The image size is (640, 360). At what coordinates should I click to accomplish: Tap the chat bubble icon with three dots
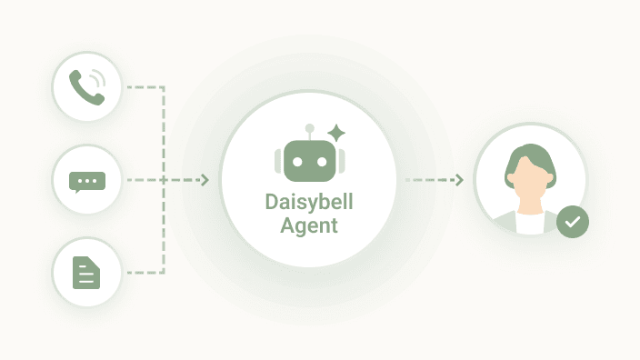click(x=87, y=182)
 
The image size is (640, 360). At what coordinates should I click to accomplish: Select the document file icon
click(x=86, y=273)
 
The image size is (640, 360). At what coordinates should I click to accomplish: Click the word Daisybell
click(x=309, y=203)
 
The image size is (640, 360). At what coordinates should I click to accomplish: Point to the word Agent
click(x=309, y=225)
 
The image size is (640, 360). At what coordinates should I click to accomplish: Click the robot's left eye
click(x=297, y=162)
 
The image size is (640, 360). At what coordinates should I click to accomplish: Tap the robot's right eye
click(x=322, y=162)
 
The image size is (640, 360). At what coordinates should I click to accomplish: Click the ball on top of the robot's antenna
click(x=310, y=128)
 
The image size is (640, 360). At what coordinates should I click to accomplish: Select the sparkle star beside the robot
click(x=336, y=133)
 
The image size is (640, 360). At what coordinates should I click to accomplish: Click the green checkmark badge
click(x=573, y=222)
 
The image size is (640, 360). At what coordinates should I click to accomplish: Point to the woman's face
click(x=530, y=180)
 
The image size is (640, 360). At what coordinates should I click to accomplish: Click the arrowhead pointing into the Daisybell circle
click(x=205, y=180)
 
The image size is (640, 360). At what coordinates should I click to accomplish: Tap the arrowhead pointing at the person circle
click(x=459, y=180)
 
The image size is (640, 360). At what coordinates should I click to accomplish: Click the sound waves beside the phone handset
click(x=98, y=79)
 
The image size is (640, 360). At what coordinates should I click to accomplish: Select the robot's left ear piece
click(x=277, y=161)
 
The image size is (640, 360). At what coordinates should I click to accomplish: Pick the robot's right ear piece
click(x=342, y=161)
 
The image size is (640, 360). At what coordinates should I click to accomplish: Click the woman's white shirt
click(x=530, y=224)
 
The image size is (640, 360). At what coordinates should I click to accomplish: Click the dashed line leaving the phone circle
click(x=145, y=87)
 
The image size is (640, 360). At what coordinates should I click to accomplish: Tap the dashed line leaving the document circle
click(x=145, y=272)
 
